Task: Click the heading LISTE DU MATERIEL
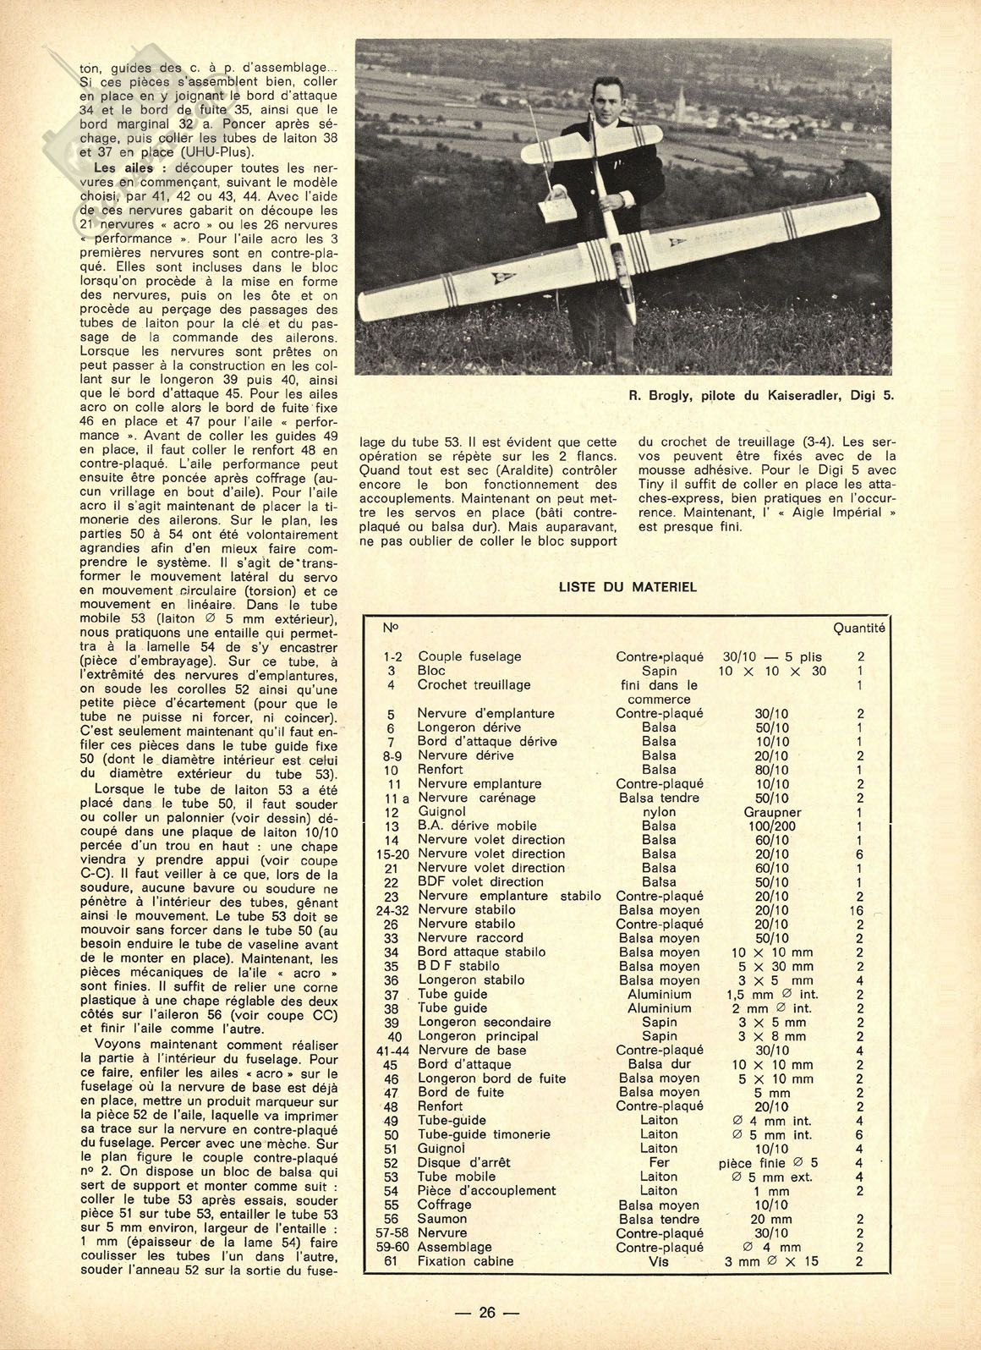coord(628,586)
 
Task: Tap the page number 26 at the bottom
coord(486,1313)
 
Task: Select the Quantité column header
coord(858,628)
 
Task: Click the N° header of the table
coord(391,628)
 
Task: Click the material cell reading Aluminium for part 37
coord(659,994)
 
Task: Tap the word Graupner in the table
coord(771,811)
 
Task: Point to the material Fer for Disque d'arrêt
coord(659,1162)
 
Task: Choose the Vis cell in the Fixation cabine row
coord(659,1261)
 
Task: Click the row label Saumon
coord(441,1219)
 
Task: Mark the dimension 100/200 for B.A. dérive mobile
coord(771,826)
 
